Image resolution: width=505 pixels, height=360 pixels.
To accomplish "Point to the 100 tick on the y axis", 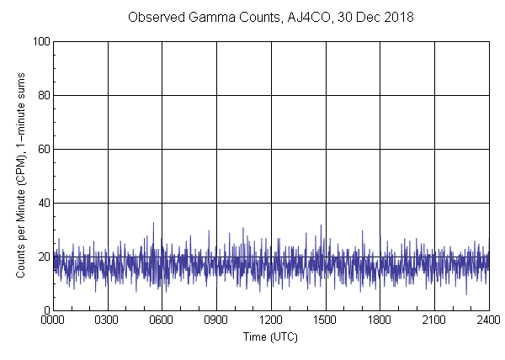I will click(39, 41).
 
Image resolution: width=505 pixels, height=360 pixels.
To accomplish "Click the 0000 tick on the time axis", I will click(53, 320).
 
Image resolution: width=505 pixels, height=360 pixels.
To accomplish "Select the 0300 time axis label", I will click(108, 320).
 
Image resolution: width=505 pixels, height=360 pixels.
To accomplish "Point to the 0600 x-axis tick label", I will click(162, 320).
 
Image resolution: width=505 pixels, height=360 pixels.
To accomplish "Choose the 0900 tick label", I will click(216, 320).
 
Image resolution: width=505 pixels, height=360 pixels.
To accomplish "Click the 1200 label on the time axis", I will click(271, 320).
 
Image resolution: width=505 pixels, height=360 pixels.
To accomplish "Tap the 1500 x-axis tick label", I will click(326, 320).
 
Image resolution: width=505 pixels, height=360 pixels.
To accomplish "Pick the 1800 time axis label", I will click(380, 320).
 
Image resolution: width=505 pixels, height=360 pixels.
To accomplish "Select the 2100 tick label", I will click(434, 320).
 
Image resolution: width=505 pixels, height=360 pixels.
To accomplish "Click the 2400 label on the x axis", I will click(489, 320).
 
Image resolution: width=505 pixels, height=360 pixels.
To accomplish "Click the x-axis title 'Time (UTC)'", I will click(271, 336).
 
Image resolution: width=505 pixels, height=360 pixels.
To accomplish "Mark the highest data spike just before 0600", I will click(153, 223).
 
